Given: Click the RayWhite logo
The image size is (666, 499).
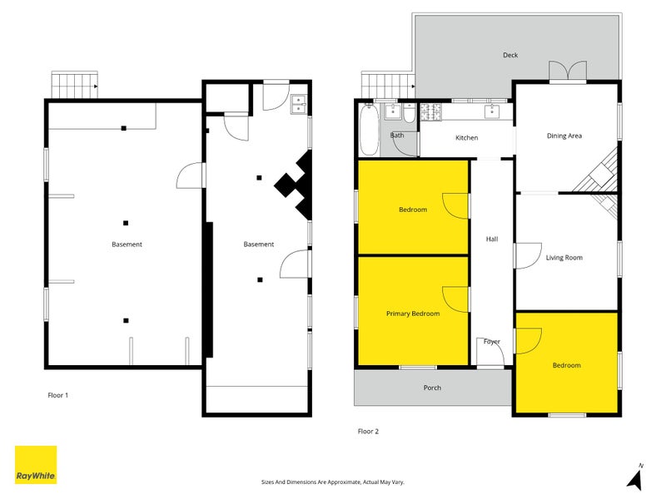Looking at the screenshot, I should click(36, 465).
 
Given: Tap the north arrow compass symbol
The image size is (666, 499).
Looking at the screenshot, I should click(634, 477).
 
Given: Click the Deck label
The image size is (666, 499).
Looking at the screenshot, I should click(510, 56).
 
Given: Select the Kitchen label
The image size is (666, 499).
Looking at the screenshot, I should click(466, 137).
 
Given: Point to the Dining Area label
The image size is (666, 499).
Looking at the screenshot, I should click(564, 136).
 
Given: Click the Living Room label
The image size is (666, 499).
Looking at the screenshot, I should click(564, 257).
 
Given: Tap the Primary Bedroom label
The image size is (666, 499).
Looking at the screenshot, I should click(413, 314).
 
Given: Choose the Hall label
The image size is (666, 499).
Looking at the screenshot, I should click(492, 240).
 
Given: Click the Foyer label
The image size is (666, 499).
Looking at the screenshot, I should click(492, 341).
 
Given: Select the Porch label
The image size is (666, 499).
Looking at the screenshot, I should click(432, 388).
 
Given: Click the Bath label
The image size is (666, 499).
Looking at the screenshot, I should click(397, 135).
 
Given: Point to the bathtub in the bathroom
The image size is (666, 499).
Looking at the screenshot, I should click(370, 131).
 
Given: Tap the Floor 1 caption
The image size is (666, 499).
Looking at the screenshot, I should click(57, 395).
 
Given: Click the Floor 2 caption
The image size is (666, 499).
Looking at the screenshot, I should click(368, 431).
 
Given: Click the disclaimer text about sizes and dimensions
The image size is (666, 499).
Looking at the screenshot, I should click(332, 482).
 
